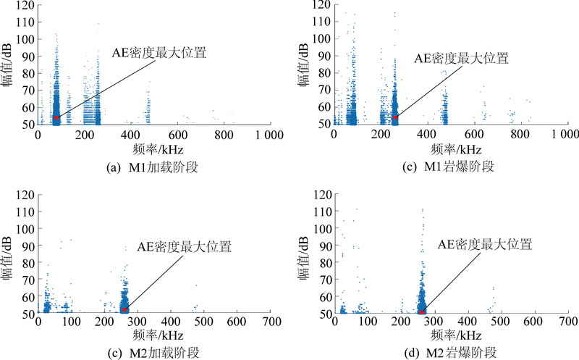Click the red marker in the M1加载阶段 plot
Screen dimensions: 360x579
(56, 117)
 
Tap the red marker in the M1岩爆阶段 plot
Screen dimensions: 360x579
(395, 117)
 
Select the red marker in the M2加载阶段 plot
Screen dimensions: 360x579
(124, 309)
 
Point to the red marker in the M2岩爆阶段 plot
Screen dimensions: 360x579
(422, 311)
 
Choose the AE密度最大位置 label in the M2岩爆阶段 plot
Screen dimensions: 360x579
(485, 245)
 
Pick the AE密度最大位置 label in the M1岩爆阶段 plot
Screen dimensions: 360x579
(462, 59)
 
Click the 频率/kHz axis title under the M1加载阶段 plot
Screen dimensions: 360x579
(151, 148)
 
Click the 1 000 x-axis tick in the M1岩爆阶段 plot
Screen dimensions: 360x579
(563, 135)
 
